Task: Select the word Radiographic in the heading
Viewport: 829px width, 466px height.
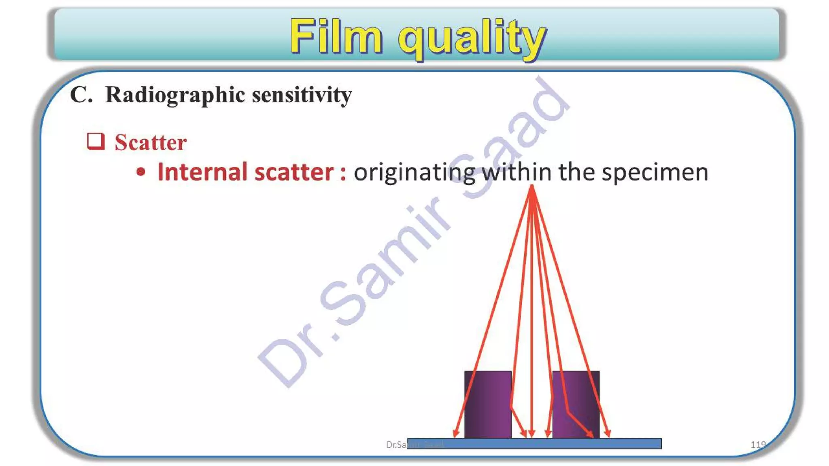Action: coord(175,95)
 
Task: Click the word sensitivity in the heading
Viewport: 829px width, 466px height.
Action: coord(302,95)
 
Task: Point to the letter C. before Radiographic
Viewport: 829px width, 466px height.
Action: coord(81,95)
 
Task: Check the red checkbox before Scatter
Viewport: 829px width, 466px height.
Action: coord(96,142)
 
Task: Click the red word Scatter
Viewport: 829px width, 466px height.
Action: coord(151,142)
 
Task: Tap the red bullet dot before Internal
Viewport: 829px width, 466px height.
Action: coord(140,172)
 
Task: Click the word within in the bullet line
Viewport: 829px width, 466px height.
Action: coord(517,172)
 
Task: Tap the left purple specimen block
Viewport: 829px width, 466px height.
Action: coord(487,404)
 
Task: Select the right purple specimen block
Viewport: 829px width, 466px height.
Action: coord(576,404)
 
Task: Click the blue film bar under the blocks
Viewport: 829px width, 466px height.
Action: coord(534,444)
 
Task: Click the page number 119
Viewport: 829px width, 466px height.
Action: coord(758,445)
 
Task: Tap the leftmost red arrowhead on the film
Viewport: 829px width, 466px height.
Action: coord(456,434)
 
